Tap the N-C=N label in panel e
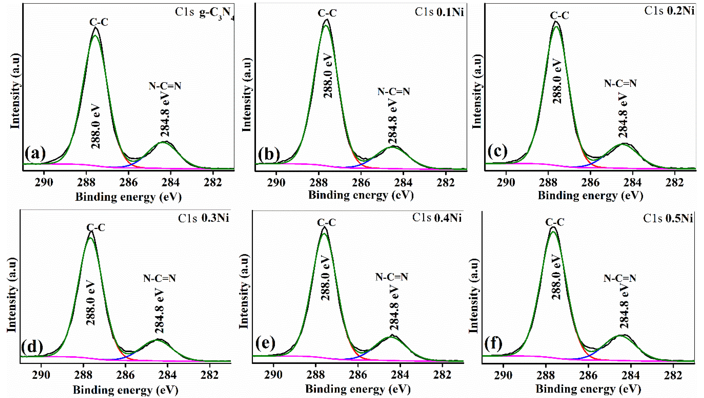(392, 277)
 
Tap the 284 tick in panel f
(631, 375)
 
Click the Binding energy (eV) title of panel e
(358, 389)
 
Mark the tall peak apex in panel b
(326, 20)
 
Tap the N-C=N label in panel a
(165, 86)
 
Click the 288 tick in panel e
(316, 375)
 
